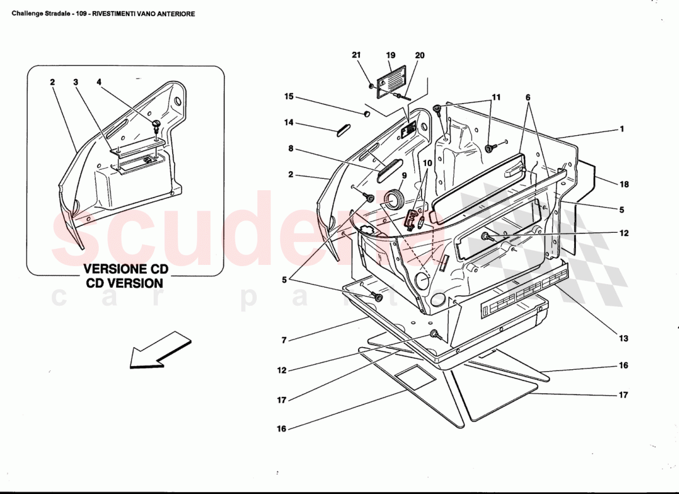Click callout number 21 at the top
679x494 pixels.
pos(356,55)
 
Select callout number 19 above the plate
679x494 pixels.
pos(391,55)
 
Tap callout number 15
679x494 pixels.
pos(289,97)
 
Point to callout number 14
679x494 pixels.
pos(289,123)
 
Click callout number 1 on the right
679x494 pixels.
pos(622,130)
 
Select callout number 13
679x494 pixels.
pos(623,338)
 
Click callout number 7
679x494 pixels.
pos(285,340)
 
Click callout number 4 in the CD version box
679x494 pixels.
pos(99,82)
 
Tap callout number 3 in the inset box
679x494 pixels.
pos(75,82)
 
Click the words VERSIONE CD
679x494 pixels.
pos(125,270)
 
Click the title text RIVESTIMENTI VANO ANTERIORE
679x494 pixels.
pos(144,14)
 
